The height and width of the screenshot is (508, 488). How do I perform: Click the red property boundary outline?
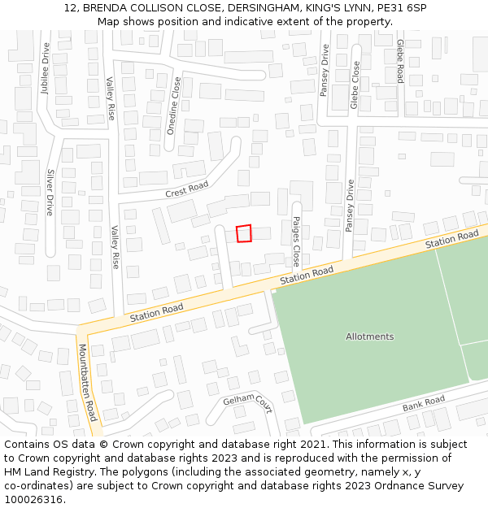pos(244,233)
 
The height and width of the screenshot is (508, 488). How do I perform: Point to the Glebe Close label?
pos(355,85)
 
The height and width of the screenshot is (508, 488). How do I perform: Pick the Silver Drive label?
pos(50,192)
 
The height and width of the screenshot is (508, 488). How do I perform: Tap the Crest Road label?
pos(186,189)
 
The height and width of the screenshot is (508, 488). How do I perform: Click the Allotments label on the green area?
pos(369,336)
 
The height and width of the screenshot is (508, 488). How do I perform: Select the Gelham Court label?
pos(247,401)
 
